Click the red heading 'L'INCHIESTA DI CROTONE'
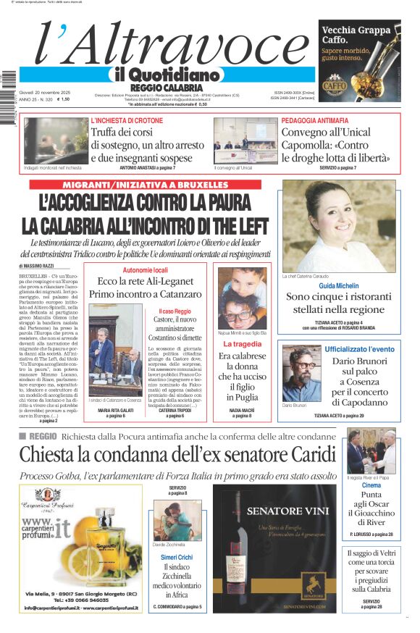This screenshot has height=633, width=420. point(127,120)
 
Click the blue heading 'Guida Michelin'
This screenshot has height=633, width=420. point(338,286)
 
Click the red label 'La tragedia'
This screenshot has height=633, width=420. point(243,344)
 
